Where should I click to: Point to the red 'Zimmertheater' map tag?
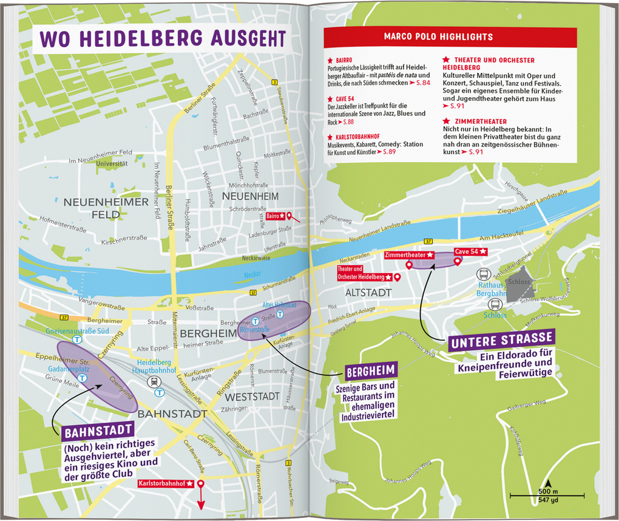[x=409, y=255]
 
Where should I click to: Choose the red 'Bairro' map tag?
[x=276, y=216]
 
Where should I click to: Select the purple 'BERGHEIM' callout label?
[x=370, y=370]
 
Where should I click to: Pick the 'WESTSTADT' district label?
[x=252, y=397]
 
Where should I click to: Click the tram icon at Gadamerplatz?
[x=83, y=377]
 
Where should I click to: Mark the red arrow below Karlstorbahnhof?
[x=200, y=501]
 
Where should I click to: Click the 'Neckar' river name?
[x=252, y=274]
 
